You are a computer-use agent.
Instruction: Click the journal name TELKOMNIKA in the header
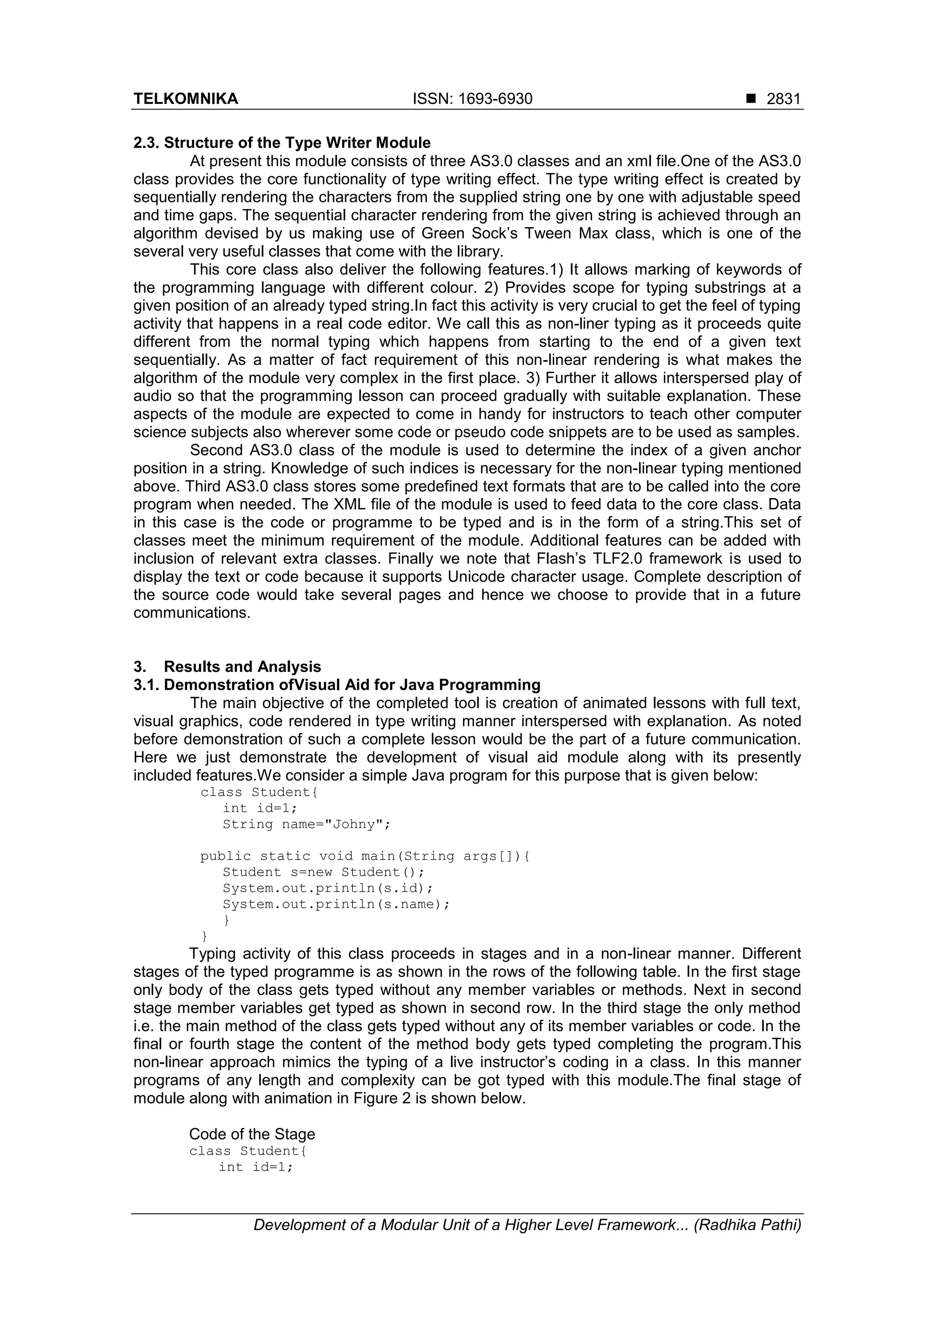point(185,99)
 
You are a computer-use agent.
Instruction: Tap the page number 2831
point(783,99)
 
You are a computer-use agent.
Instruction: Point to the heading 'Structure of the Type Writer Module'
point(297,142)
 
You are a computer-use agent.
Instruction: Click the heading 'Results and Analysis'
point(242,667)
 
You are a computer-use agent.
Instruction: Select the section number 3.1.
point(145,685)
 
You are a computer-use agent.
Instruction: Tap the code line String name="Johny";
point(306,824)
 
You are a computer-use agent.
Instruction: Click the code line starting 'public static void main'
point(365,856)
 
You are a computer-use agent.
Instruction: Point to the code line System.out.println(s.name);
point(336,904)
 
